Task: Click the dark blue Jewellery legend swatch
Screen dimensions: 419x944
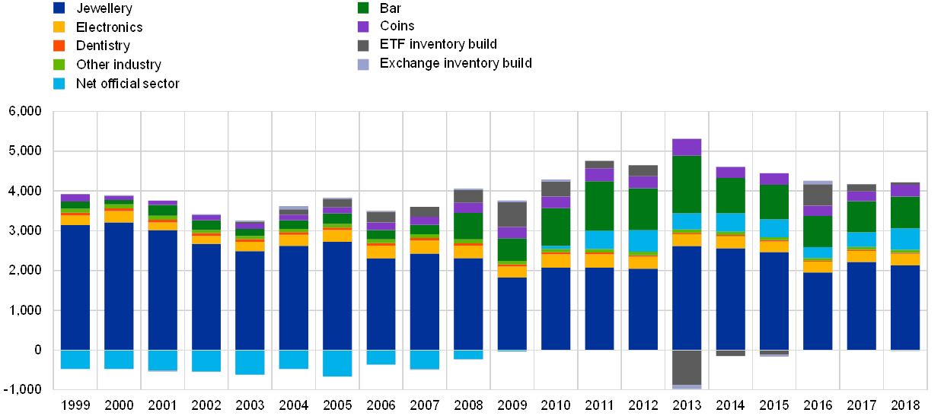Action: click(x=59, y=8)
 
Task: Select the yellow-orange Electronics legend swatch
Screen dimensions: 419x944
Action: click(x=59, y=27)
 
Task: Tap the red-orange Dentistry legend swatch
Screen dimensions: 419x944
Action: click(x=59, y=46)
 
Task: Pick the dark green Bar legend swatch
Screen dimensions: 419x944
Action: click(x=363, y=8)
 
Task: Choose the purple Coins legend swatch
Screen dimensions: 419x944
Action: click(x=363, y=27)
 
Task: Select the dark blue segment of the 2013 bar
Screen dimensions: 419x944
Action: click(x=687, y=297)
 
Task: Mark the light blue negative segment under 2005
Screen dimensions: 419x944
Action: click(x=337, y=363)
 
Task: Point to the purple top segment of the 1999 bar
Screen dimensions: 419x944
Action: click(x=75, y=198)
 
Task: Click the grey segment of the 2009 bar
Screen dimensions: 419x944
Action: click(x=512, y=214)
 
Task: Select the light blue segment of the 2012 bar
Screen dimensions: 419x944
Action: click(x=643, y=241)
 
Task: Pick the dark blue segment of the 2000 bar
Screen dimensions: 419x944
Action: click(x=119, y=286)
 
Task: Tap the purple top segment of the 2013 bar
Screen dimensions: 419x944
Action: click(x=687, y=147)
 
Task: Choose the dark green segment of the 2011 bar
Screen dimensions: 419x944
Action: click(x=599, y=205)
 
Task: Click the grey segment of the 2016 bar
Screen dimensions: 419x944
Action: click(x=818, y=195)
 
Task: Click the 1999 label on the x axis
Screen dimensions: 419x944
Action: click(x=75, y=405)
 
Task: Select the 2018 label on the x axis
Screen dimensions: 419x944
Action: click(x=905, y=405)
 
